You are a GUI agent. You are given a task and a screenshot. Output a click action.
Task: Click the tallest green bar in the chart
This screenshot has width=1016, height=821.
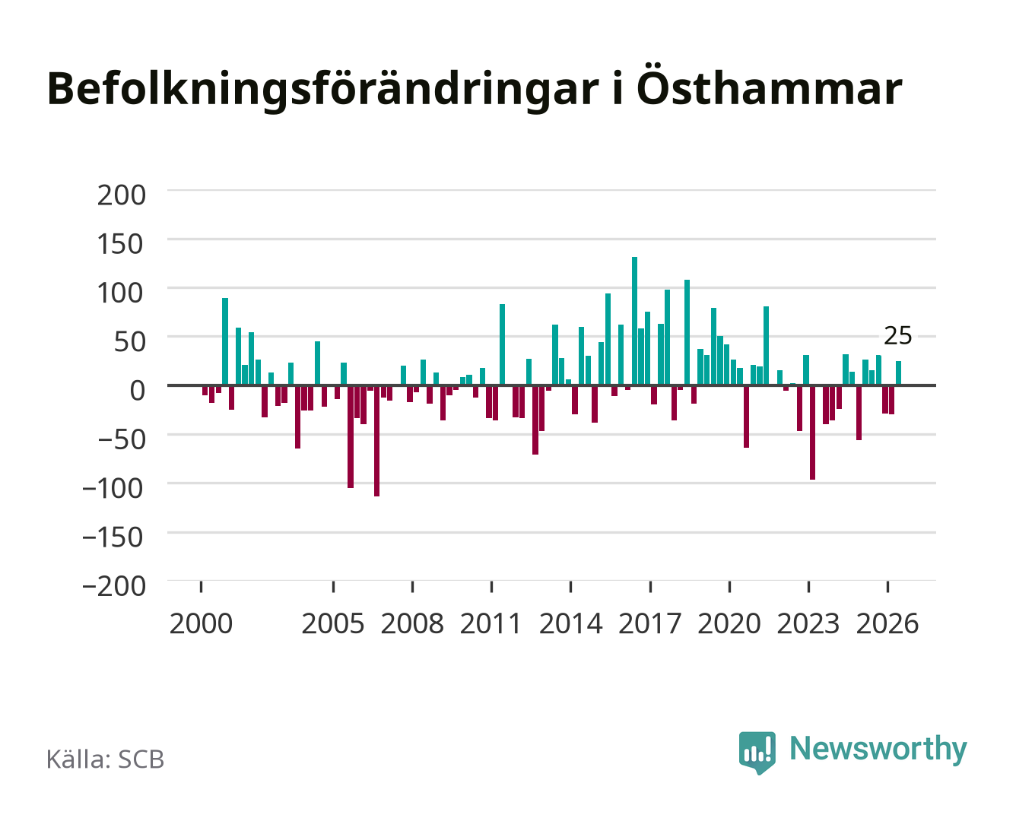[634, 320]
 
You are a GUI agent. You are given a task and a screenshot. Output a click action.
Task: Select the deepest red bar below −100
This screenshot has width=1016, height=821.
[376, 441]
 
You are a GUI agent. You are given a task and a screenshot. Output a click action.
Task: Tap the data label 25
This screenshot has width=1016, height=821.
[897, 336]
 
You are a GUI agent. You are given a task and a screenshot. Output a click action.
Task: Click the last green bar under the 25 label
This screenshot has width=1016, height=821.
[898, 372]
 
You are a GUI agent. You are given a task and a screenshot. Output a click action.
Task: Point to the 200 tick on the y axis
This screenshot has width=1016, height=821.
[121, 195]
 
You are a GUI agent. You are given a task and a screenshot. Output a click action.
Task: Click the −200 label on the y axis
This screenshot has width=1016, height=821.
[114, 586]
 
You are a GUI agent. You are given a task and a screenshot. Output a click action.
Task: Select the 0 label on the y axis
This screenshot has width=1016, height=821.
[138, 391]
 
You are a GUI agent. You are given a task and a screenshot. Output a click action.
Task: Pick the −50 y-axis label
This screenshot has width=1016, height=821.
[122, 439]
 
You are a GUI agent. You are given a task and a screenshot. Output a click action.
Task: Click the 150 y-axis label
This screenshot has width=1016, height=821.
[120, 244]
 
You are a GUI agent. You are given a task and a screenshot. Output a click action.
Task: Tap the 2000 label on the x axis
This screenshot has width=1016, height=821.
[201, 623]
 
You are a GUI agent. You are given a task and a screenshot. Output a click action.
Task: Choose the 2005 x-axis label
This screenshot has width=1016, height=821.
[333, 623]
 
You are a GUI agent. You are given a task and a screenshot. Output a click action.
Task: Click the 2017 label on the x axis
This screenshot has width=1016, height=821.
[649, 623]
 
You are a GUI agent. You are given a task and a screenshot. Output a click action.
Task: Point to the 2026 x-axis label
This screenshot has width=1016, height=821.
[887, 623]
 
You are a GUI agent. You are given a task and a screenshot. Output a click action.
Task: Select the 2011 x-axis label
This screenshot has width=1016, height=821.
[491, 623]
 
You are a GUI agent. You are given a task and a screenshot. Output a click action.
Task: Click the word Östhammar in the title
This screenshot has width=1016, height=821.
[769, 89]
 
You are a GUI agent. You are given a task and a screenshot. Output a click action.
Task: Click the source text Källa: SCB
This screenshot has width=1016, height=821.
[106, 759]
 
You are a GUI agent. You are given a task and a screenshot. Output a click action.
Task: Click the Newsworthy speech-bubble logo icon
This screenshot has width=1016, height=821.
[757, 753]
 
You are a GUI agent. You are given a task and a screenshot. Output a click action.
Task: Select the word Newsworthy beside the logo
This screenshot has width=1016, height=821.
[878, 749]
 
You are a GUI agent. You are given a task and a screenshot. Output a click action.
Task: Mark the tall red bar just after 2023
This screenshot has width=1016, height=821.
[812, 432]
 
